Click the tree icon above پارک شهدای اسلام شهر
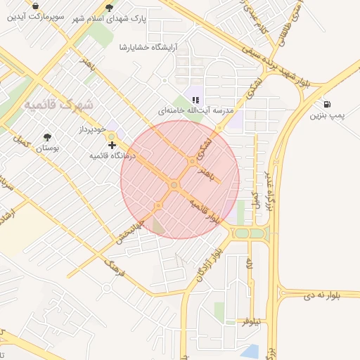pyautogui.click(x=109, y=8)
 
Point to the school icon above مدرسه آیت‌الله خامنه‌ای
pyautogui.click(x=196, y=100)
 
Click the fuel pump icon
pyautogui.click(x=328, y=103)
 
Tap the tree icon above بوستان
pyautogui.click(x=48, y=137)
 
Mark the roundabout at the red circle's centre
pyautogui.click(x=174, y=185)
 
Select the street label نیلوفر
pyautogui.click(x=251, y=321)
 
